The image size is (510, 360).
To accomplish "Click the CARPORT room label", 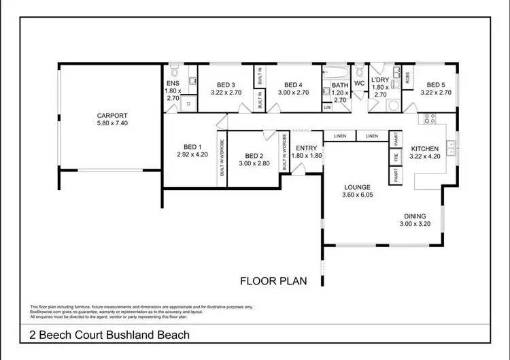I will coord(112,116).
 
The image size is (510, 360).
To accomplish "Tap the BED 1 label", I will coord(192,147).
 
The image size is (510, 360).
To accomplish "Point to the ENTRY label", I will coord(306,148).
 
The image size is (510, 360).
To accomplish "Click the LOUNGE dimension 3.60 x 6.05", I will coord(356,195).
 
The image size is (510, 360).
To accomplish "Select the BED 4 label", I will coord(294,84).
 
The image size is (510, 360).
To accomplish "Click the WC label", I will coord(360,84).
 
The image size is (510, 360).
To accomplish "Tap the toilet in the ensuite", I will coord(174,73).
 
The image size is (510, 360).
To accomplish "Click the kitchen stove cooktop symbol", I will coord(430,120).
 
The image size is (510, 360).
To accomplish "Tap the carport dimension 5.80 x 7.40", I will coord(112,124).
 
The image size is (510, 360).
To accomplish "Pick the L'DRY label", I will coord(379,80).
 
